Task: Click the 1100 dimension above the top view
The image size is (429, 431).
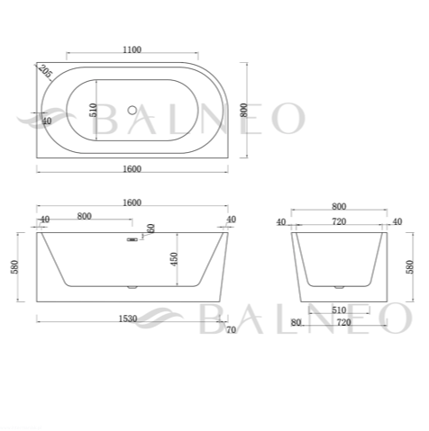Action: tap(132, 49)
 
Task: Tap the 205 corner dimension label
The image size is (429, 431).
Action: tap(45, 71)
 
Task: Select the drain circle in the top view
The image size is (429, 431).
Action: tap(132, 111)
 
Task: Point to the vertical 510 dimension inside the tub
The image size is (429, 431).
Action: tap(94, 110)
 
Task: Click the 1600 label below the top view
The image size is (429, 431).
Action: tap(132, 169)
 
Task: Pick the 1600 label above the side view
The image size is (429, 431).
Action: tap(132, 202)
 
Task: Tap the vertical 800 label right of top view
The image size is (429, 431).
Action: tap(244, 110)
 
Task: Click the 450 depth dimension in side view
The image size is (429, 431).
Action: tap(174, 259)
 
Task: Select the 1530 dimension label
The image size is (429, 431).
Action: tap(128, 319)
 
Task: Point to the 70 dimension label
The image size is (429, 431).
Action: tap(231, 330)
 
